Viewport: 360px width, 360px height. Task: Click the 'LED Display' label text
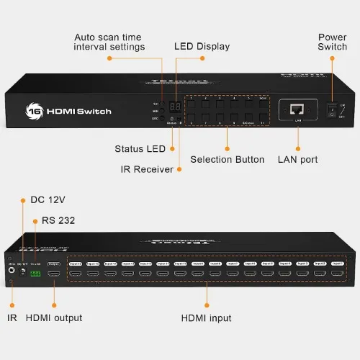(202, 46)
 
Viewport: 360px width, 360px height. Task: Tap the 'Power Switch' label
(332, 41)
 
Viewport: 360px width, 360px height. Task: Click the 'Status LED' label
(140, 149)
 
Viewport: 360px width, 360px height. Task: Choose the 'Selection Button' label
(227, 159)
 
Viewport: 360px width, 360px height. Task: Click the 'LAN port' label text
(298, 159)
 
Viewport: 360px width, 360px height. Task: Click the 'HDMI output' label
(54, 318)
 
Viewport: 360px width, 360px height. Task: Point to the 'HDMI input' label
(207, 318)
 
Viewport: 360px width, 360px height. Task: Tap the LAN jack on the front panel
(297, 109)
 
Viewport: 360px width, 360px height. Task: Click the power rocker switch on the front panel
(332, 109)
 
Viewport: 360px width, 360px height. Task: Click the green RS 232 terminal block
(35, 274)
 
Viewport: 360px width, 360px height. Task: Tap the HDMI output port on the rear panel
(53, 274)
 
